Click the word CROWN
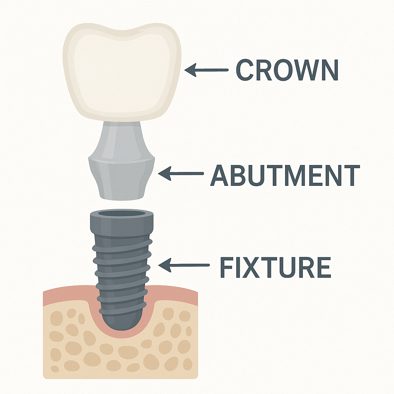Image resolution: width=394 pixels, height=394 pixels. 287,70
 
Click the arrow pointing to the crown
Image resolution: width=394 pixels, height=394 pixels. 206,70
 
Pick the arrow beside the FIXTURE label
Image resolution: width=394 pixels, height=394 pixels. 184,265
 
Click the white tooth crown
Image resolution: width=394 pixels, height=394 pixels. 122,71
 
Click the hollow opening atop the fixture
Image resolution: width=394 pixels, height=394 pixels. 122,214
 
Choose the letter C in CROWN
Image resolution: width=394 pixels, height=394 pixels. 246,70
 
